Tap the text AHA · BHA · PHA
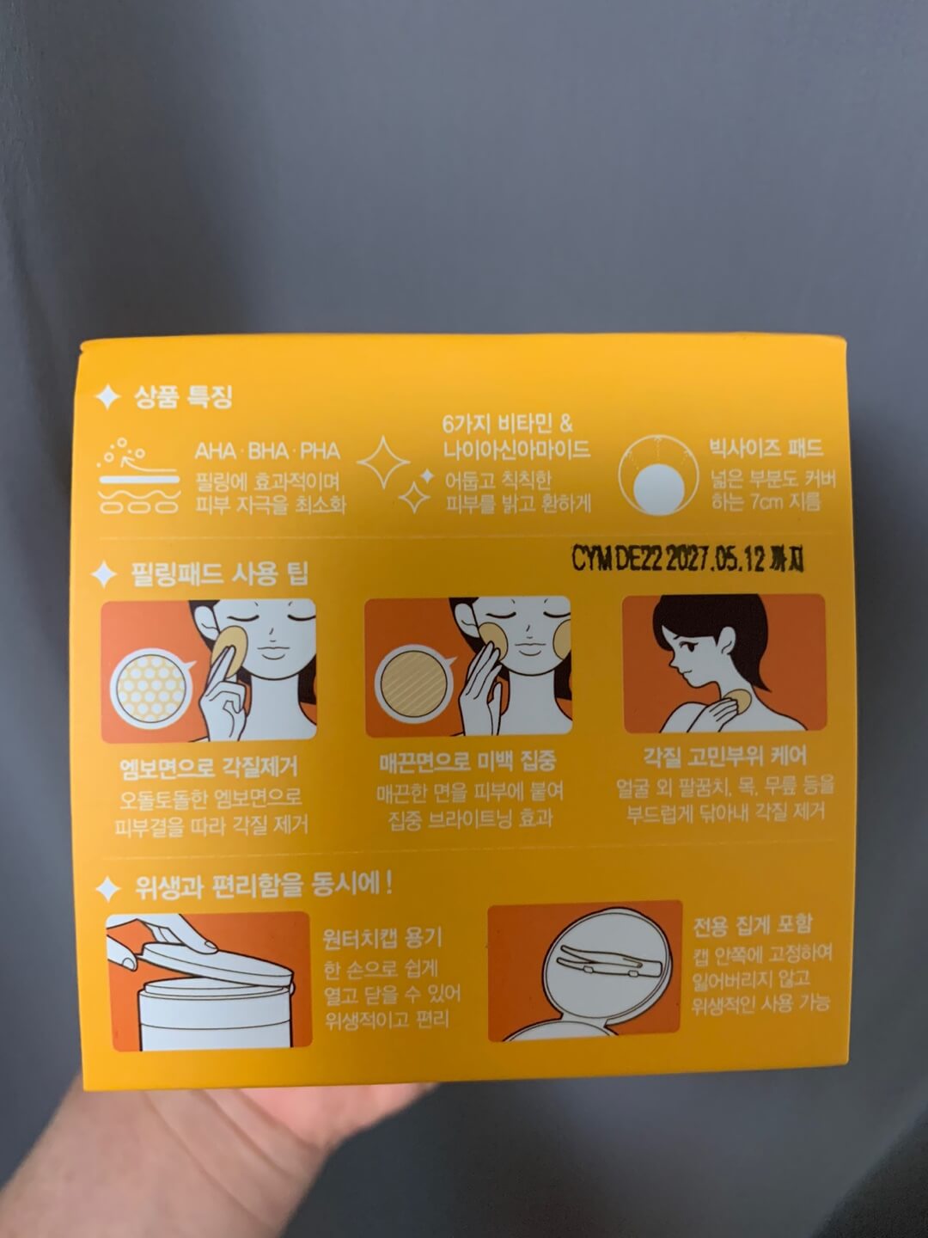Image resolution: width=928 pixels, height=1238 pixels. [267, 451]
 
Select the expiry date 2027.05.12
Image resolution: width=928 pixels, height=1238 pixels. [713, 560]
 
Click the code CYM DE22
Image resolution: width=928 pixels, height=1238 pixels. [616, 560]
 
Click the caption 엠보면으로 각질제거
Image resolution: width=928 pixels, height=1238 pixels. [210, 765]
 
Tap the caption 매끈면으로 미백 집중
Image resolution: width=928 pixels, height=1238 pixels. [467, 761]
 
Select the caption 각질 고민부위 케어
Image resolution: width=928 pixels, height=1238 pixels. [725, 756]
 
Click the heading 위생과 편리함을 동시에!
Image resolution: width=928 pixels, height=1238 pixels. [263, 886]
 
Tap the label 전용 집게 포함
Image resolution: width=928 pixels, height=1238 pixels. [752, 924]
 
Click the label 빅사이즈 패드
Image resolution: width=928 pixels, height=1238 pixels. [766, 448]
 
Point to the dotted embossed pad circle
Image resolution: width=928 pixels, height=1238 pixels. [145, 689]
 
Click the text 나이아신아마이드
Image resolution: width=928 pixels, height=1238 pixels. [516, 449]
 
